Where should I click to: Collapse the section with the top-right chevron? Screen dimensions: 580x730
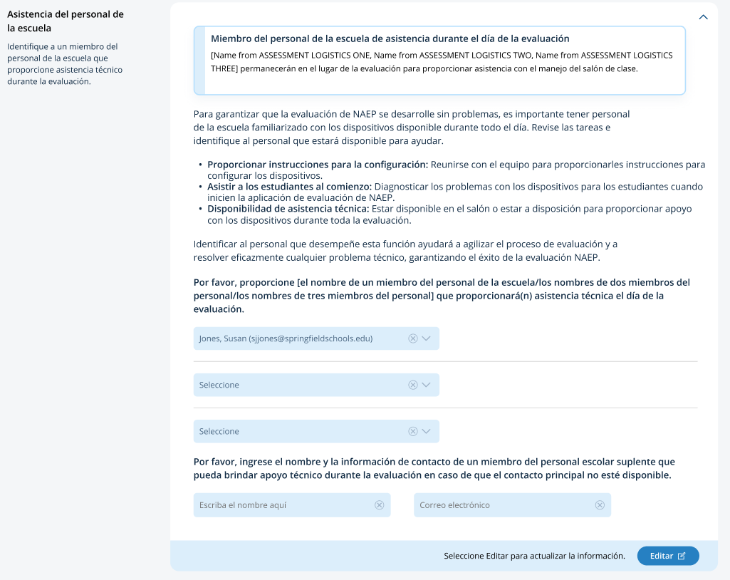704,17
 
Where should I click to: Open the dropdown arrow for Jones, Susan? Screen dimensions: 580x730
427,338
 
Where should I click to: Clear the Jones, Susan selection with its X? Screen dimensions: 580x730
413,338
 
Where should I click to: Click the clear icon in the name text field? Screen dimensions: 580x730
380,505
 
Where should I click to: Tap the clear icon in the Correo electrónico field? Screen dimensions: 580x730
600,505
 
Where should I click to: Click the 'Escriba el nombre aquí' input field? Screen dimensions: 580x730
285,505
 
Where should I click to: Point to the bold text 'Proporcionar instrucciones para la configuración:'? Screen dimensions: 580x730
318,165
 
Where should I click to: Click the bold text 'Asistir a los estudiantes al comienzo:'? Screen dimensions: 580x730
289,187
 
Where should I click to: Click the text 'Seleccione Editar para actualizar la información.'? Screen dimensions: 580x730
534,556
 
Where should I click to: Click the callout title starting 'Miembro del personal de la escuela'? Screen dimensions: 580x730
390,38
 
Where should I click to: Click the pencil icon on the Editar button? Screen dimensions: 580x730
682,556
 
